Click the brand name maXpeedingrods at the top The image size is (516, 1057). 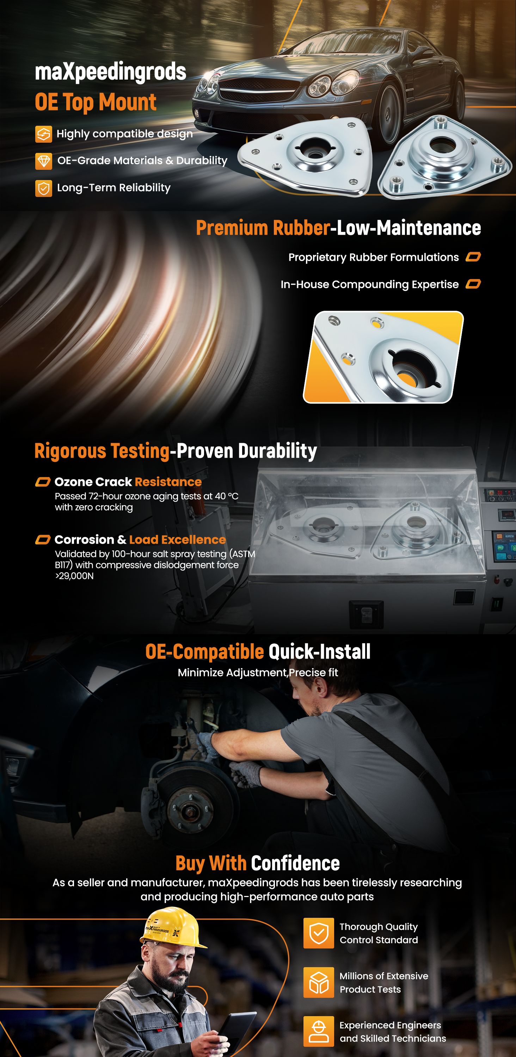[110, 72]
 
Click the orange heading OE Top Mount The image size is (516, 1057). [96, 102]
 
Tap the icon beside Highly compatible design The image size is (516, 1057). [43, 134]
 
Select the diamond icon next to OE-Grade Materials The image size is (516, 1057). [43, 161]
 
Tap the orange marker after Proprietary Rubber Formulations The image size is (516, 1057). [473, 257]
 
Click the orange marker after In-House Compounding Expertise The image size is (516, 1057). [473, 284]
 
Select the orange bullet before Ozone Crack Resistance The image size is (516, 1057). [43, 482]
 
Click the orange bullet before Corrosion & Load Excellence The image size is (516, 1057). [43, 539]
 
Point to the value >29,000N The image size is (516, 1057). [74, 576]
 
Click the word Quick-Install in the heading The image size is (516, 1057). [319, 651]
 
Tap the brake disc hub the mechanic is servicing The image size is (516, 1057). [190, 808]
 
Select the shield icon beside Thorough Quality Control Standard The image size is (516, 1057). [319, 933]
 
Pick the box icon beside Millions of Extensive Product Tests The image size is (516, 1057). [319, 982]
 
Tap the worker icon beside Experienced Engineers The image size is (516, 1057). [319, 1032]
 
